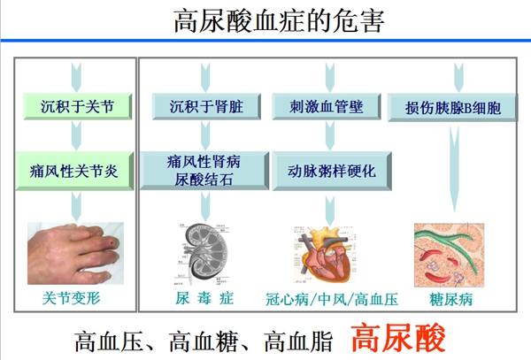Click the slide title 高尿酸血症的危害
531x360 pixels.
265,19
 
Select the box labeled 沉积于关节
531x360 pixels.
77,108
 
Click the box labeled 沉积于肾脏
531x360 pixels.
205,108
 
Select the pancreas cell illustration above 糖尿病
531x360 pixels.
451,252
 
